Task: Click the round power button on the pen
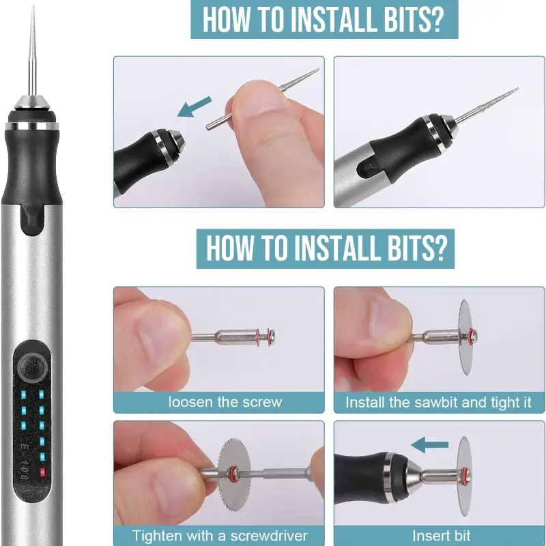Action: [x=33, y=368]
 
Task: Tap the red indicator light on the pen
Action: [x=43, y=472]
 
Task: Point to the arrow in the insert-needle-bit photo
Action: [x=195, y=106]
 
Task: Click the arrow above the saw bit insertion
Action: [x=429, y=445]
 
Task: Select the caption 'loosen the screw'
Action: [x=225, y=402]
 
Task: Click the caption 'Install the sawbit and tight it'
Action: [x=438, y=403]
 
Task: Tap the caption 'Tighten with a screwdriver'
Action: [x=220, y=536]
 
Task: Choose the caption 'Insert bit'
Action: [x=441, y=536]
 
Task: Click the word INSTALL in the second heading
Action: [x=335, y=248]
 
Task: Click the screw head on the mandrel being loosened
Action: [x=272, y=336]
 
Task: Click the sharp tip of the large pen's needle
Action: [x=33, y=6]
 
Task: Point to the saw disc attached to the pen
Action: [x=465, y=476]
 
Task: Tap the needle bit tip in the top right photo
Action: [x=517, y=89]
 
